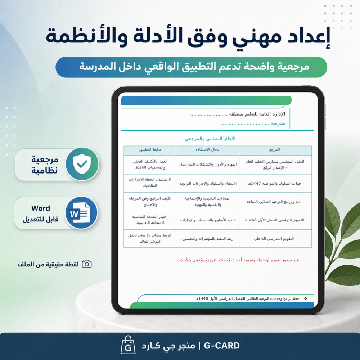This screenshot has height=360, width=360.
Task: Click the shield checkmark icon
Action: point(82,164)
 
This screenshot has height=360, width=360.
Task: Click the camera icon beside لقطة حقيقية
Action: point(87,264)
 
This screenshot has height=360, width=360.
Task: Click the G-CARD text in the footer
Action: point(221,346)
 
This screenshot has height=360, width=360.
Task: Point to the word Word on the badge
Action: point(41,208)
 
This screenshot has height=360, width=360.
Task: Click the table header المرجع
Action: point(274,150)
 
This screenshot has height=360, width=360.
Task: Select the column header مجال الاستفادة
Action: point(207,150)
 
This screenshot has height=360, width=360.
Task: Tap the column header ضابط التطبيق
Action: point(150,150)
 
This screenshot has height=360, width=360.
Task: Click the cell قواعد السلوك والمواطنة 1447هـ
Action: point(274,183)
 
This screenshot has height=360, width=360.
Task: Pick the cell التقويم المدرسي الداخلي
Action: point(274,239)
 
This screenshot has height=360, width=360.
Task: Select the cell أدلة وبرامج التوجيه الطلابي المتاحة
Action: point(274,202)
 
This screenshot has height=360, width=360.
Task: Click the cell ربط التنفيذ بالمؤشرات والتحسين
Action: point(207,239)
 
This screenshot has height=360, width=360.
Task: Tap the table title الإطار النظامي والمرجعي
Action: point(210,139)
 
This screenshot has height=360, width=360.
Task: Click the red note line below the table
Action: point(237,260)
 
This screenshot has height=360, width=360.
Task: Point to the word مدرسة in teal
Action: point(278,123)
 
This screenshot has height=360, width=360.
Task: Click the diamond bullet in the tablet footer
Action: point(306,298)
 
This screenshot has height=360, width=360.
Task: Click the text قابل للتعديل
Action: point(40,219)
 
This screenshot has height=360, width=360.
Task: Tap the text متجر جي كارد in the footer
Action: point(168,346)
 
